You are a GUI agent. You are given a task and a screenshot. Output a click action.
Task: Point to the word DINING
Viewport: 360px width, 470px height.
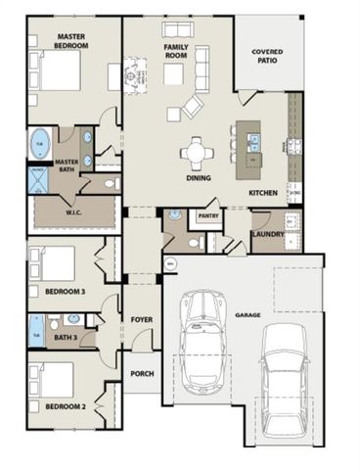201,179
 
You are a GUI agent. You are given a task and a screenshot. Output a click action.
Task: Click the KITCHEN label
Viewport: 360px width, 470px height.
263,193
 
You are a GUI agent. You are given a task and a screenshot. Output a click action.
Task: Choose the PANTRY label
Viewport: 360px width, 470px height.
208,215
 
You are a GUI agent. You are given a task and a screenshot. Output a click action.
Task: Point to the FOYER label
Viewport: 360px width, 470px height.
142,319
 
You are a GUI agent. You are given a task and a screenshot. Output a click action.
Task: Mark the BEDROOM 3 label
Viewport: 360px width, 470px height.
65,291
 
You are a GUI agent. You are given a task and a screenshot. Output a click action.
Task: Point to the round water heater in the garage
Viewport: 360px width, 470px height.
169,262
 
